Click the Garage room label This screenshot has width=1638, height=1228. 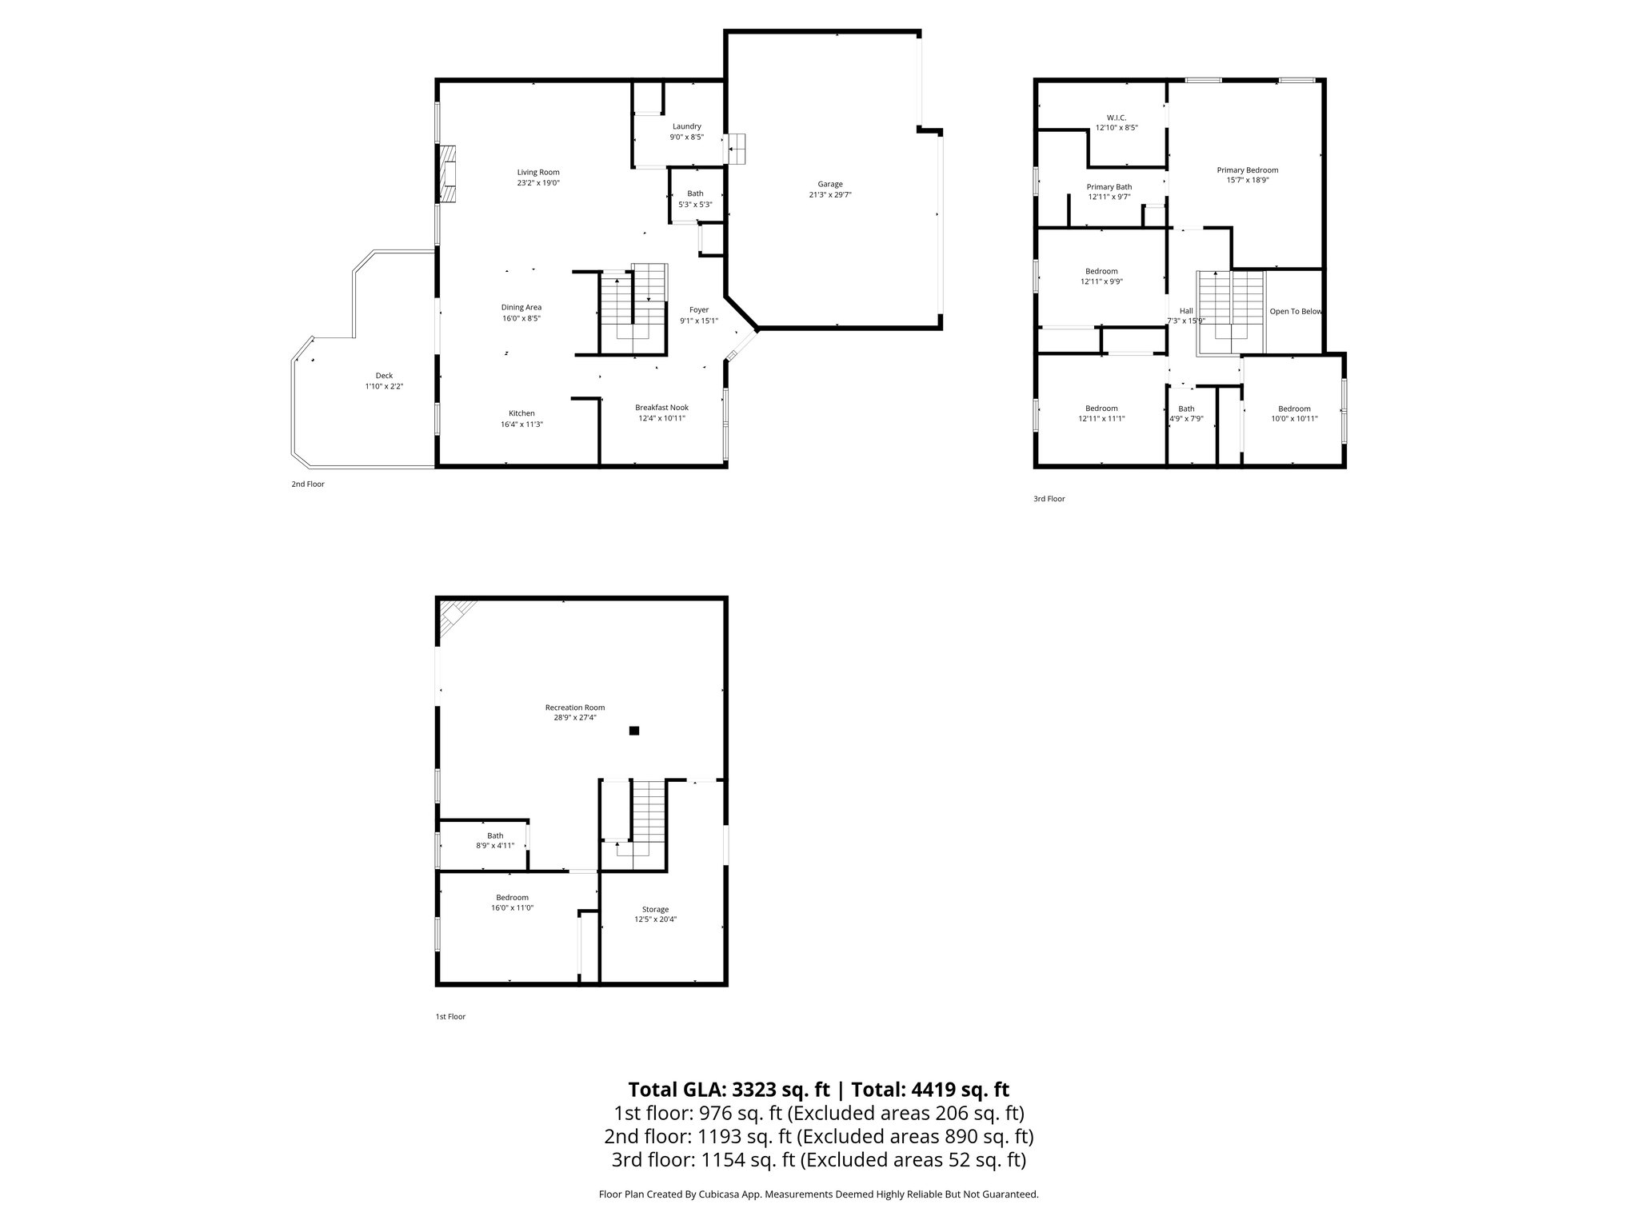tap(829, 184)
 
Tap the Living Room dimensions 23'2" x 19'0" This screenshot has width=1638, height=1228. tap(537, 183)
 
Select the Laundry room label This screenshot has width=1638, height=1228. tap(686, 126)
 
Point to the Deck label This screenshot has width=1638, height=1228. tap(384, 376)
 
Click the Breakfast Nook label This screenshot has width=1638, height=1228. tap(661, 407)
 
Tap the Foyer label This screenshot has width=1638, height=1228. tap(698, 310)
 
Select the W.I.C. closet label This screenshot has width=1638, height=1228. tap(1116, 118)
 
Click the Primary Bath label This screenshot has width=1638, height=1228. tap(1109, 187)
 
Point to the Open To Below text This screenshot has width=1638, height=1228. tap(1295, 312)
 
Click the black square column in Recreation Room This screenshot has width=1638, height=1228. tap(634, 730)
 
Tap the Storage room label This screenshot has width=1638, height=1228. tap(655, 909)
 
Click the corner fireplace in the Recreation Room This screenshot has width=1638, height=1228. tap(455, 616)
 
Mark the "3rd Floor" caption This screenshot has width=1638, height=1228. tap(1049, 499)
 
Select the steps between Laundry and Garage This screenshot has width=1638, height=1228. tap(737, 149)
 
